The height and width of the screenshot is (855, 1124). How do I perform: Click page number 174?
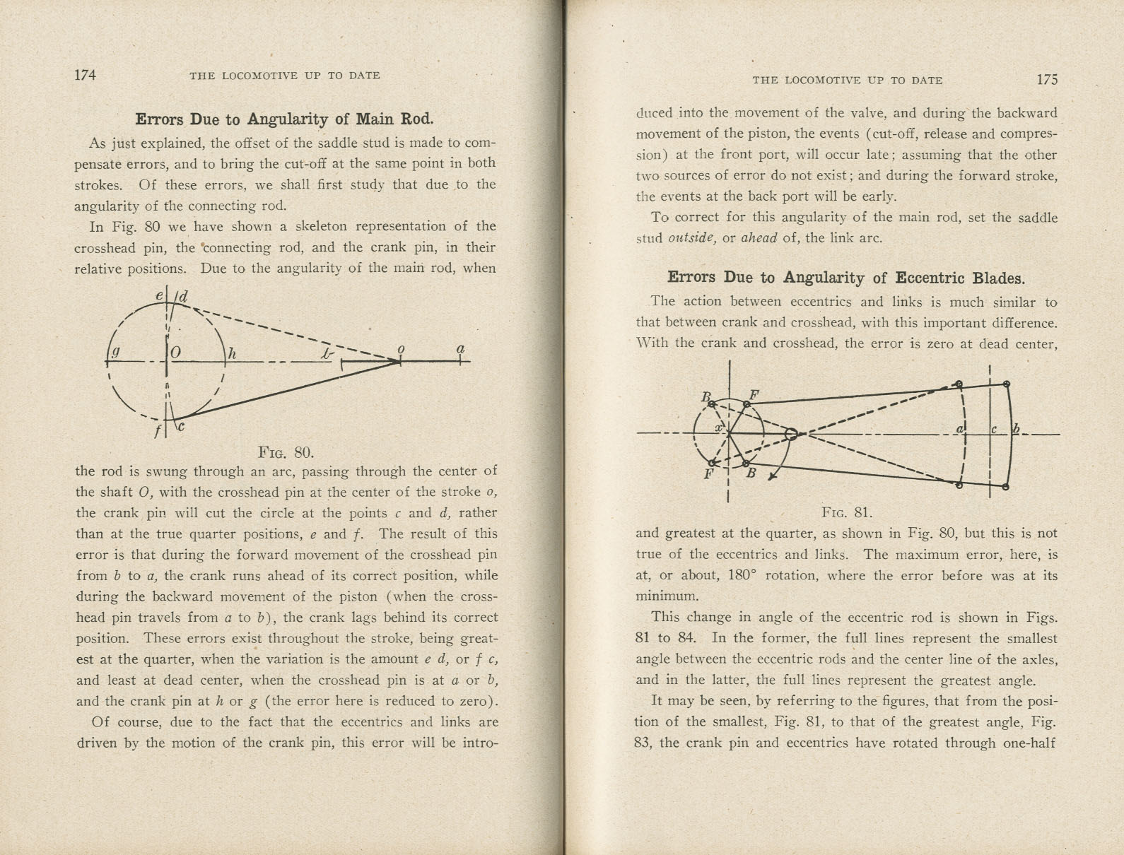pos(85,75)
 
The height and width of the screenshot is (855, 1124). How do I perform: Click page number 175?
pos(1047,80)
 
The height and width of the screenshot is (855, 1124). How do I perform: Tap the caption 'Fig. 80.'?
pos(286,452)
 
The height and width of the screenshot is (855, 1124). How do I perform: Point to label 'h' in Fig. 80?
pos(231,351)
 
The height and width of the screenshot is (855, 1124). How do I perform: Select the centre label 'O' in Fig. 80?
pos(175,351)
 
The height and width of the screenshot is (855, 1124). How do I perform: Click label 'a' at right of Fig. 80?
pos(460,349)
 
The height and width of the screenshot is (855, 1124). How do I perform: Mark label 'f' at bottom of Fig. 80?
pos(157,430)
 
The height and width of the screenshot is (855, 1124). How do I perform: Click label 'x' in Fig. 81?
pos(718,427)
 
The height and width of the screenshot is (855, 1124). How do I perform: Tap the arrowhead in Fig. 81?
pos(772,477)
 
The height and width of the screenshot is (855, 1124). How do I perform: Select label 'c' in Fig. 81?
pos(993,429)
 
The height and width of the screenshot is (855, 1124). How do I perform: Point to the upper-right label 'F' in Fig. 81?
pos(754,395)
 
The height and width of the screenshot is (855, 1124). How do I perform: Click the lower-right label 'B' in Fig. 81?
pos(751,473)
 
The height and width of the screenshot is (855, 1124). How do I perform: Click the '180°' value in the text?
pos(743,575)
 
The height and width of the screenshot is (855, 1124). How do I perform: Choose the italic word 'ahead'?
pos(759,238)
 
